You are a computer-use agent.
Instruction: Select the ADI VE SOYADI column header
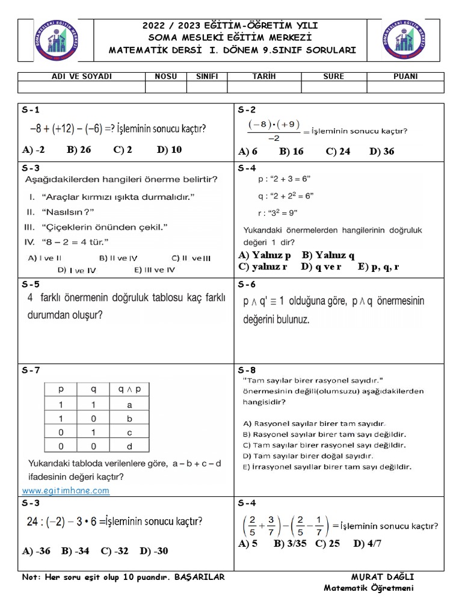(82, 76)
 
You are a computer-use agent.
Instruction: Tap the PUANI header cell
(405, 76)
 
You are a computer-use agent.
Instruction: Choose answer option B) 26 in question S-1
(79, 150)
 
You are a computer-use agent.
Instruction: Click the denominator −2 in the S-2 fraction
(274, 137)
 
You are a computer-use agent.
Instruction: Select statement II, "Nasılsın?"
(60, 212)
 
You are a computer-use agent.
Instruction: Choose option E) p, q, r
(378, 266)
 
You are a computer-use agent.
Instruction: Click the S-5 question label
(31, 285)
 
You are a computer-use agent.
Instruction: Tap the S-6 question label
(247, 285)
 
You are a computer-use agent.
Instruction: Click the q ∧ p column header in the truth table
(129, 389)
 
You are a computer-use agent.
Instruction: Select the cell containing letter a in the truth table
(129, 405)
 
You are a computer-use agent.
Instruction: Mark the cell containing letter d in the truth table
(129, 446)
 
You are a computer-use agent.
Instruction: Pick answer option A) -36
(36, 551)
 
